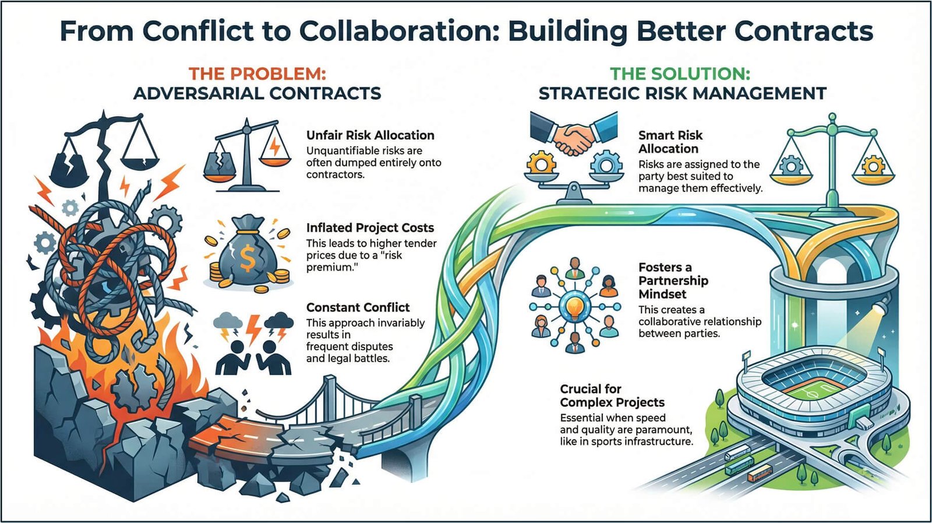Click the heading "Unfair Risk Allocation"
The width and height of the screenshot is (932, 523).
(370, 135)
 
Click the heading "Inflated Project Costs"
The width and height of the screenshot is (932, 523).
(370, 228)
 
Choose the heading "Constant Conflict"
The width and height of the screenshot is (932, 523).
(358, 307)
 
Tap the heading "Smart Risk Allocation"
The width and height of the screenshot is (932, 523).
(670, 142)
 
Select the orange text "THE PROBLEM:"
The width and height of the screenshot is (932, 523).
(257, 74)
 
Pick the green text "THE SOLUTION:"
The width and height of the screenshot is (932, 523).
(680, 74)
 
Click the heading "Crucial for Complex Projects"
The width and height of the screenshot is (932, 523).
(612, 395)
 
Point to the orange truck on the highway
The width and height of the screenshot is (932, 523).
(760, 474)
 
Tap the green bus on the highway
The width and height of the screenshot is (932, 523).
(739, 465)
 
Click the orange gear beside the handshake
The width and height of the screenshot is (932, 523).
(542, 165)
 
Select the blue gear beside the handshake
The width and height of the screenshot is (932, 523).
(606, 165)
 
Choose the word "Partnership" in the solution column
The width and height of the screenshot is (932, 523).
(673, 280)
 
